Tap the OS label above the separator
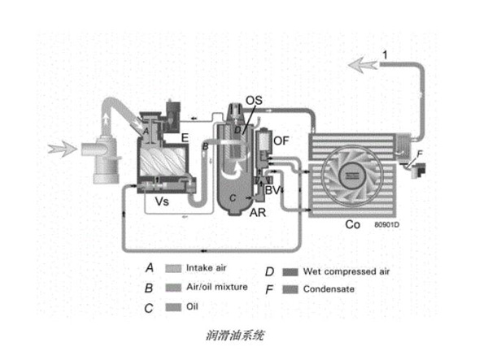point(255,99)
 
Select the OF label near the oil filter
point(281,140)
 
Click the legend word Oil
point(191,306)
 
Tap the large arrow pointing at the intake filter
point(64,149)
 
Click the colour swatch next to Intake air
point(172,267)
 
